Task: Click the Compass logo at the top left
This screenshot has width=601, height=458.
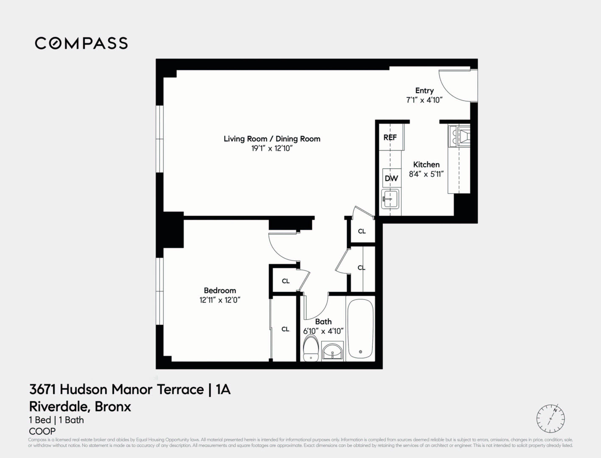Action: (81, 43)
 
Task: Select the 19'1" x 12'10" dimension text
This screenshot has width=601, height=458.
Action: (272, 149)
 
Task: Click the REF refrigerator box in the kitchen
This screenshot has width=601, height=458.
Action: (390, 137)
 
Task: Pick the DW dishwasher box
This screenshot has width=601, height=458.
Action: (391, 178)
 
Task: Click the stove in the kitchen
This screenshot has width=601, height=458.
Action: (459, 135)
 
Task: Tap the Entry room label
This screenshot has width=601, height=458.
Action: (424, 91)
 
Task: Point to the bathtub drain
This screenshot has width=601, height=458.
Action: (360, 352)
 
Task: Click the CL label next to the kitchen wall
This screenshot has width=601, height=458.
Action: (362, 231)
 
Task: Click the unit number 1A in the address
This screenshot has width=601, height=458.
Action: (223, 389)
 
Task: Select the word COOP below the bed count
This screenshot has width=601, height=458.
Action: (42, 431)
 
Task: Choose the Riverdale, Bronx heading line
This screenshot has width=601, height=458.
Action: (80, 406)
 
